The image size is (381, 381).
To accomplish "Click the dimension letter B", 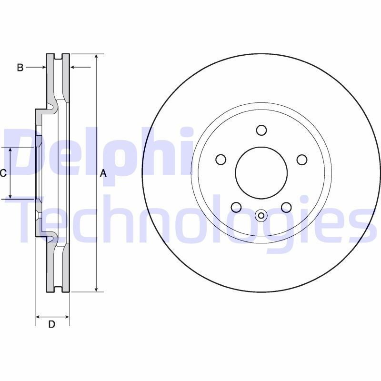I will [x=20, y=68].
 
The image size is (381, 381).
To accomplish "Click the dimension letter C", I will [x=3, y=173].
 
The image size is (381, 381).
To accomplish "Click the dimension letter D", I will [x=52, y=324].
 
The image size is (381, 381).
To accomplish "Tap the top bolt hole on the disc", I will [x=261, y=130].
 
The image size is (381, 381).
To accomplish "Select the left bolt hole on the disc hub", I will [x=221, y=160].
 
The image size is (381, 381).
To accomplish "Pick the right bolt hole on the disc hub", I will [x=302, y=160].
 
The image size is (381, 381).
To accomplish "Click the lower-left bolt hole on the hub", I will [x=236, y=207].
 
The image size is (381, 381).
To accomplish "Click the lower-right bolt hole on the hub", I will [x=286, y=207].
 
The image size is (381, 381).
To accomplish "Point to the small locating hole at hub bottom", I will [x=261, y=216].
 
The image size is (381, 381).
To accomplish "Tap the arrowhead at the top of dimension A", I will [x=97, y=57].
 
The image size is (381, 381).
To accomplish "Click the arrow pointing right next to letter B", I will [x=43, y=68].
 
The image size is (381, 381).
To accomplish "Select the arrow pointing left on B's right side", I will [x=73, y=68].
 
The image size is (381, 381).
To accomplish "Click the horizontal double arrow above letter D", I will [x=52, y=316].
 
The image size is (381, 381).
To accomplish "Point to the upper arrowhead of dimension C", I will [x=11, y=151].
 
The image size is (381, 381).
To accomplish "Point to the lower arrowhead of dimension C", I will [x=11, y=195].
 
